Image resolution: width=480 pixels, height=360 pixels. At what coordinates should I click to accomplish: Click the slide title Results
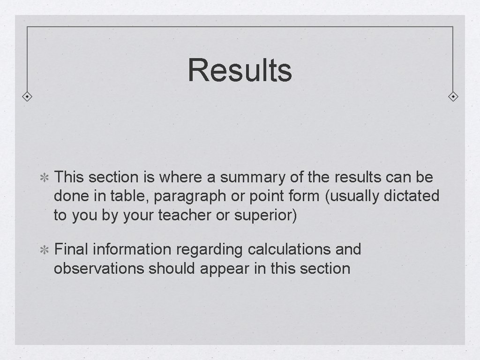[240, 70]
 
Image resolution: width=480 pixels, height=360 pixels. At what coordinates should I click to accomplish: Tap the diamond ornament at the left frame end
[28, 97]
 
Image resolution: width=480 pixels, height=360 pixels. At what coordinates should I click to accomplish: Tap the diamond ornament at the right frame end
[453, 97]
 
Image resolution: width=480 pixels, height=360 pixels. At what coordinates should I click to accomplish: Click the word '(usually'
[352, 196]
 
